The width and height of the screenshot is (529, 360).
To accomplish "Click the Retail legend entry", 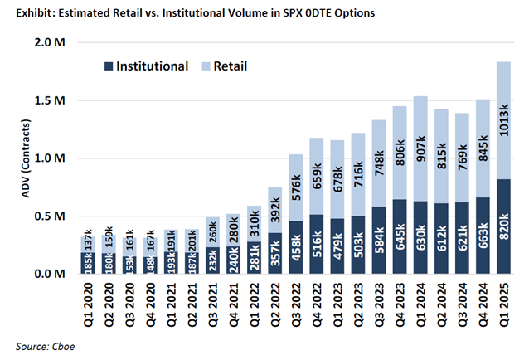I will [231, 66].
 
